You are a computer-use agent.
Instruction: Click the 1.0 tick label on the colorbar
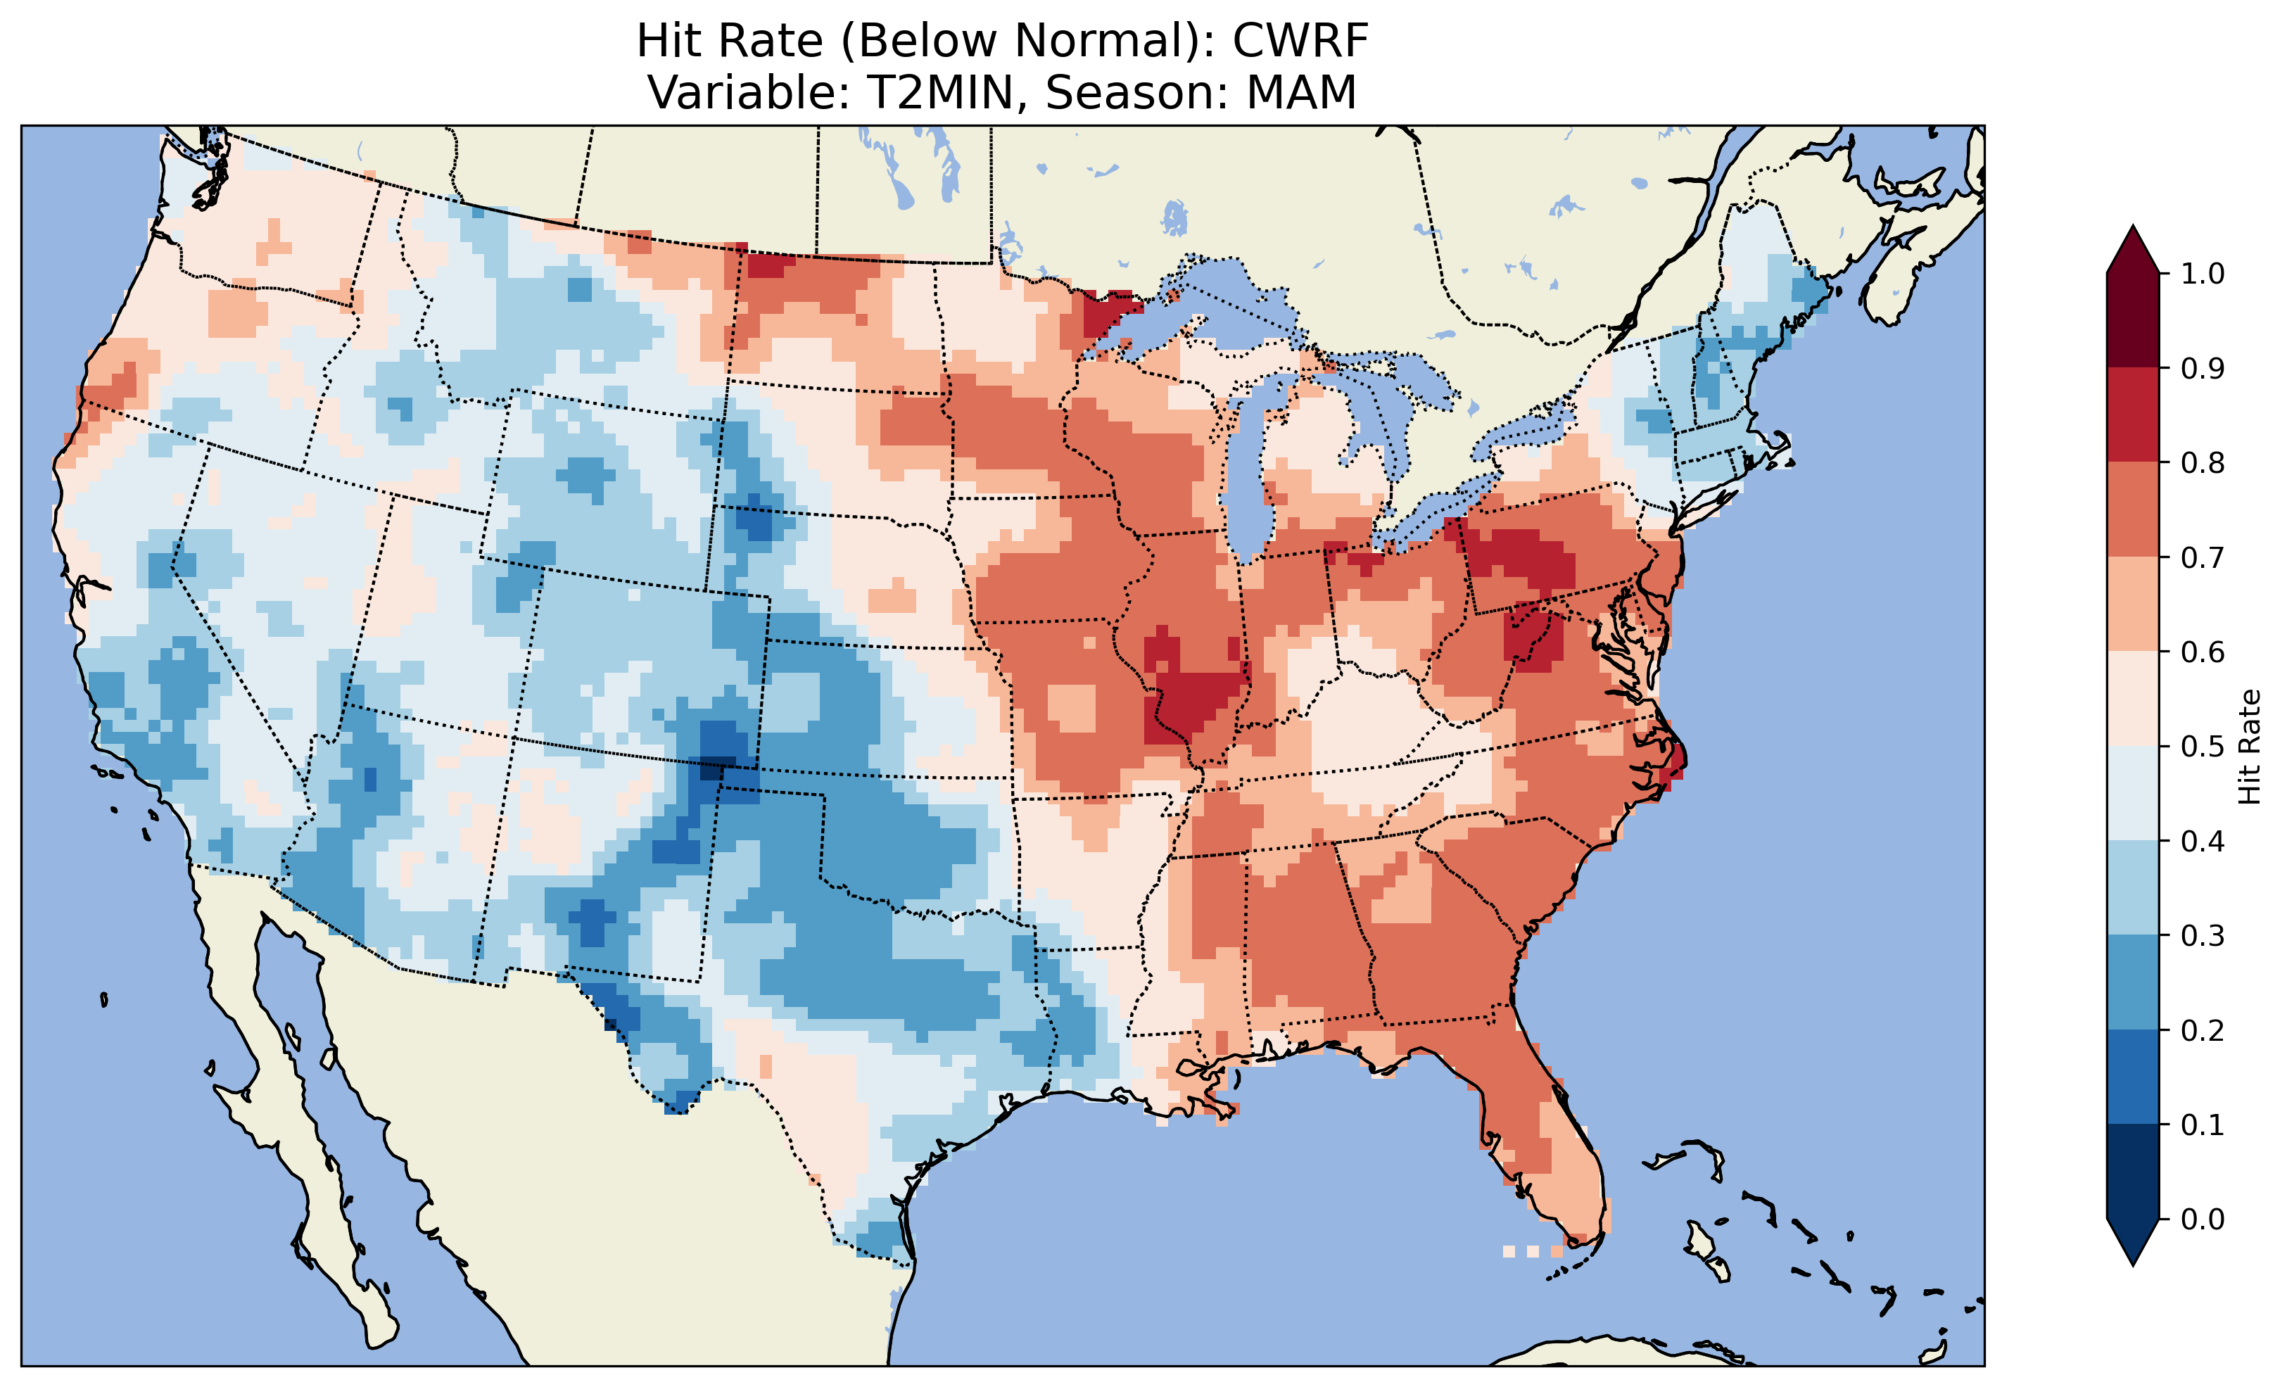[2203, 274]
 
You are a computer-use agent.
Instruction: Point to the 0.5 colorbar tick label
[2203, 747]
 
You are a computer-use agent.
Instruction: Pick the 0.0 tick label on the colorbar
[2203, 1219]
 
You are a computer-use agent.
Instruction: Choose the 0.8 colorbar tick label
[2203, 462]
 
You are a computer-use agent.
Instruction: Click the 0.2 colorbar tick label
[2203, 1030]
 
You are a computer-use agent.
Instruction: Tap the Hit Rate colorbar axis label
[2248, 747]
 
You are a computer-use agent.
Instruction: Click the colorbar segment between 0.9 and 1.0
[2133, 320]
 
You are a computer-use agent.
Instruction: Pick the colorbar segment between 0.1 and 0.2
[2133, 1077]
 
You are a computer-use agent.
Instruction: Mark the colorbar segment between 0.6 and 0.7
[2133, 604]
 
